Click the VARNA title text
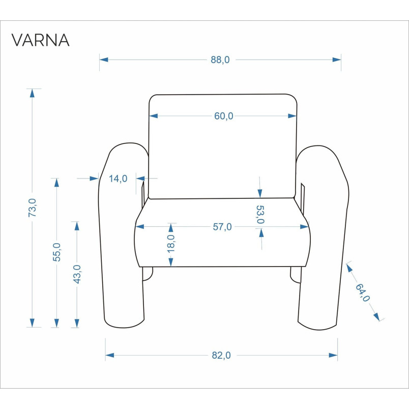click(40, 40)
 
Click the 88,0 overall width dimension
click(220, 60)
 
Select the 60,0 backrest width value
click(223, 116)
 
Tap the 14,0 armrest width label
click(118, 179)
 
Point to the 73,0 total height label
click(33, 208)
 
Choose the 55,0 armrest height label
click(56, 252)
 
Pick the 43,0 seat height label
click(77, 274)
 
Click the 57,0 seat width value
click(222, 227)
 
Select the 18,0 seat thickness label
click(171, 243)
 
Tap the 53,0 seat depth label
click(260, 215)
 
